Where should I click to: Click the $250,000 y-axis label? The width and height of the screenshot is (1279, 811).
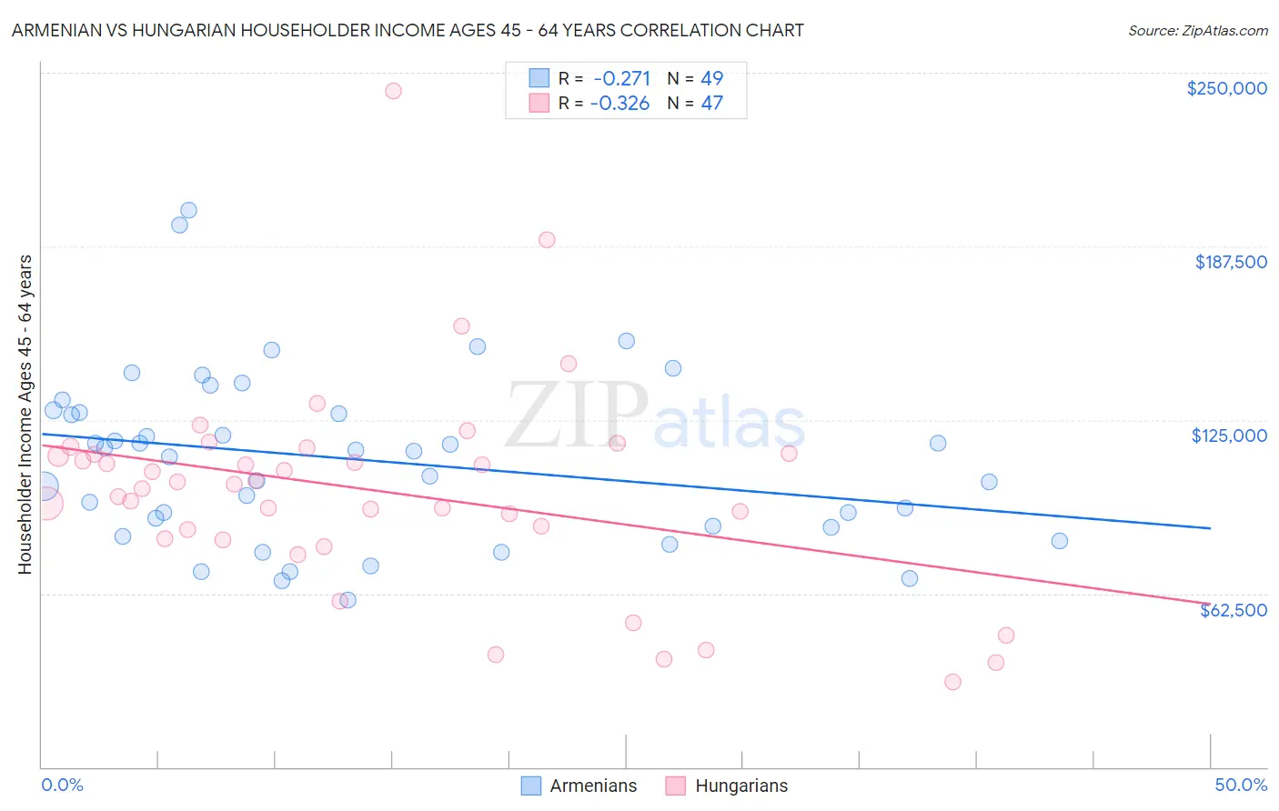[x=1226, y=88]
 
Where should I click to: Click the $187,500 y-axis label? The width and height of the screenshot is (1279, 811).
[x=1230, y=262]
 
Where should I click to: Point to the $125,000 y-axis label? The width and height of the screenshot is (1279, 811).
[x=1229, y=436]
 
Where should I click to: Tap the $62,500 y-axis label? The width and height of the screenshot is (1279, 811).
[x=1233, y=610]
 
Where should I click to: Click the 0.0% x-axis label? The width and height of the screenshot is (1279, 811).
[x=62, y=785]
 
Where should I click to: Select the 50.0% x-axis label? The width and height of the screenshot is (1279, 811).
[x=1241, y=785]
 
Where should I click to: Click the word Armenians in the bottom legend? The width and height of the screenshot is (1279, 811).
[x=593, y=786]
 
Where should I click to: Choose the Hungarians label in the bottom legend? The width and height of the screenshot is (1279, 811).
[x=741, y=786]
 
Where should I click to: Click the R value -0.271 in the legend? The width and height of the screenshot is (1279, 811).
[x=620, y=78]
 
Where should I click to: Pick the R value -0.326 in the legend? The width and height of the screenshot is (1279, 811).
[x=619, y=103]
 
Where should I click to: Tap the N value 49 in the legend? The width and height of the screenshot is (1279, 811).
[x=711, y=78]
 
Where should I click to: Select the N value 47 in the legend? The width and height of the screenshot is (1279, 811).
[x=711, y=103]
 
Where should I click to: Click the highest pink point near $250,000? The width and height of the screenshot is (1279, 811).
[x=393, y=90]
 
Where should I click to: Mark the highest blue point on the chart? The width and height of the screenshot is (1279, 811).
[x=188, y=210]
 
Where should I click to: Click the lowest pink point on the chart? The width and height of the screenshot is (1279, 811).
[x=952, y=682]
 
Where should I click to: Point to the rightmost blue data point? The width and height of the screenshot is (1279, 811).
[x=1059, y=541]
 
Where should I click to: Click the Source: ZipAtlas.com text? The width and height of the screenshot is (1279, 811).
[x=1197, y=30]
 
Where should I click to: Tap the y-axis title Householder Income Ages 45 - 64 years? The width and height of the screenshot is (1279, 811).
[x=25, y=414]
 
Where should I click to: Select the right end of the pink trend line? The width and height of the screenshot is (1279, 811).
[x=1210, y=603]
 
